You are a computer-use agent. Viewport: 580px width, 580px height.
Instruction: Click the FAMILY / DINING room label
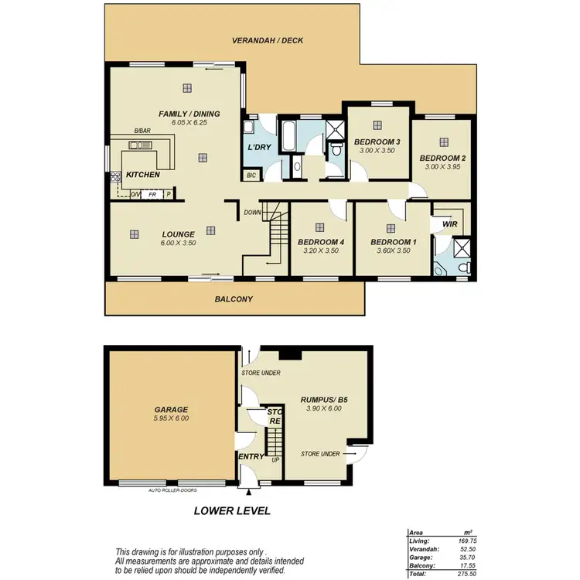tap(189, 114)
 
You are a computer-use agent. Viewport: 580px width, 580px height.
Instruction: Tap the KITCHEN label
tap(142, 175)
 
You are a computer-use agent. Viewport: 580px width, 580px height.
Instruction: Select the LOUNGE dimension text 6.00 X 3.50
tap(178, 243)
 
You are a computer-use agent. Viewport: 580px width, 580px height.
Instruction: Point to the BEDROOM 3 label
tap(377, 142)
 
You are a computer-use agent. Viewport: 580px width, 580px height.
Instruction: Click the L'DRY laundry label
tap(258, 148)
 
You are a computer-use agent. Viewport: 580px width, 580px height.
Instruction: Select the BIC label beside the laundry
tap(251, 176)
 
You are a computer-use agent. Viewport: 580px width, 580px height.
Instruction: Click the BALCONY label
tap(234, 299)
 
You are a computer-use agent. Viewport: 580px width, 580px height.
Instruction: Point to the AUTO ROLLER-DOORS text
tap(174, 490)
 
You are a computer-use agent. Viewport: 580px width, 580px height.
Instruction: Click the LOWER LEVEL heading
tap(232, 510)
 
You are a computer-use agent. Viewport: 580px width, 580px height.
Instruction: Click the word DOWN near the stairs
tap(252, 212)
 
